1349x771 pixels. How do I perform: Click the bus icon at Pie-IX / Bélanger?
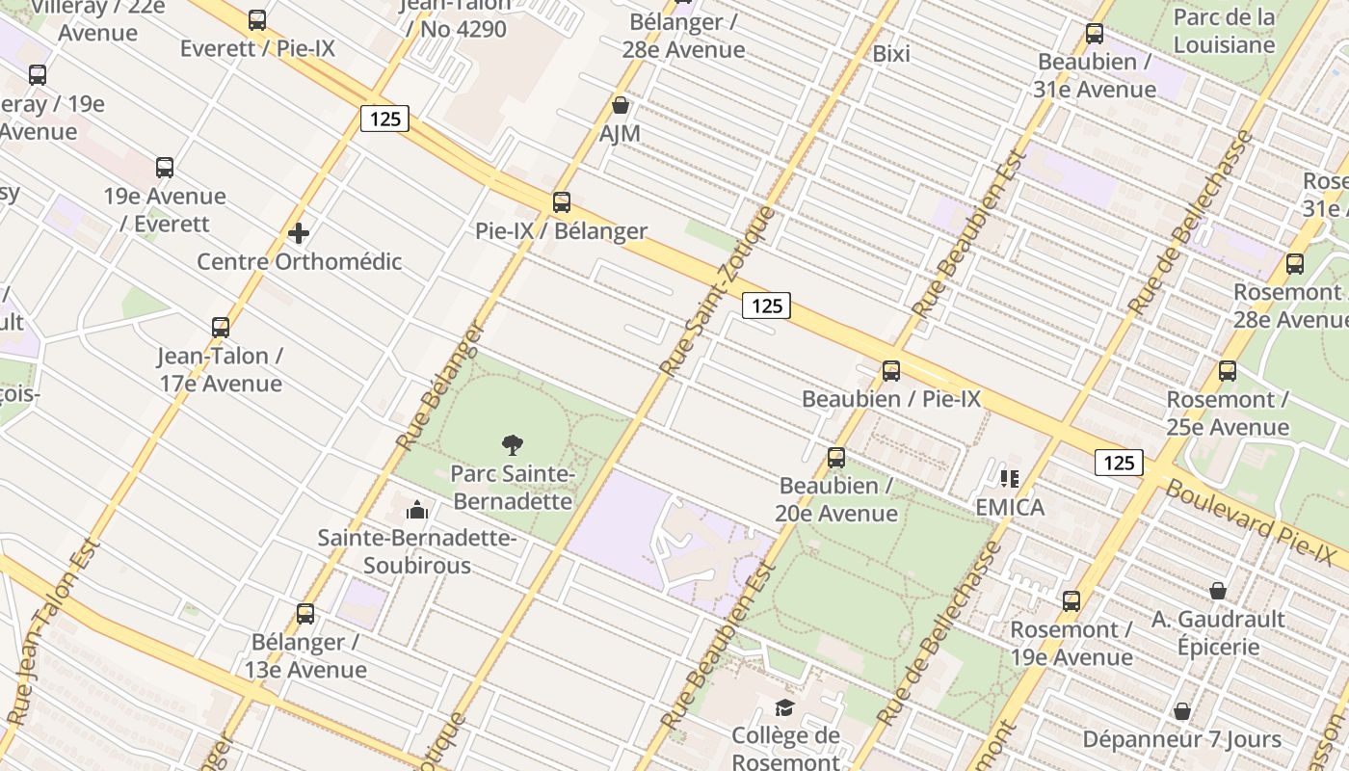pos(562,202)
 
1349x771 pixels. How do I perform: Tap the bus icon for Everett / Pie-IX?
pos(257,20)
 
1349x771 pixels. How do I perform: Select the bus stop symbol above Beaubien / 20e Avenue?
pos(836,458)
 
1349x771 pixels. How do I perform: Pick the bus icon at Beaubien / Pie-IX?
pos(891,371)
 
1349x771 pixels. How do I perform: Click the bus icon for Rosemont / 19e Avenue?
pos(1071,602)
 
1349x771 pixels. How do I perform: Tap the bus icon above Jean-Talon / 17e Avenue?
pos(221,328)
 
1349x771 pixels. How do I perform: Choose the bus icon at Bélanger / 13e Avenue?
pos(305,614)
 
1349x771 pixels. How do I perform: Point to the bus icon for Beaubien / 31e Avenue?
pos(1095,34)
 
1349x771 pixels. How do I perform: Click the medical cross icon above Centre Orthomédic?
pos(299,233)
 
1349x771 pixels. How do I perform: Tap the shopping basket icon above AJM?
pos(621,105)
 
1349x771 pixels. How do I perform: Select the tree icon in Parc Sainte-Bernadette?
pos(513,445)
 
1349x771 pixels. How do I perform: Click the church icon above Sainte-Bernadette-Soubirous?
pos(417,510)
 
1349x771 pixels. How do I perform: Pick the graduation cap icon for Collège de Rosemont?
pos(785,708)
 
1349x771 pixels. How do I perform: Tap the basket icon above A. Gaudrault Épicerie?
pos(1218,591)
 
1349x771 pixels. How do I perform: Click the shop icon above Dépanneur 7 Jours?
pos(1182,712)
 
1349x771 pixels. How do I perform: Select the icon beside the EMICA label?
pos(1010,479)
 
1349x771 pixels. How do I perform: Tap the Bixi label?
pos(891,54)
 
